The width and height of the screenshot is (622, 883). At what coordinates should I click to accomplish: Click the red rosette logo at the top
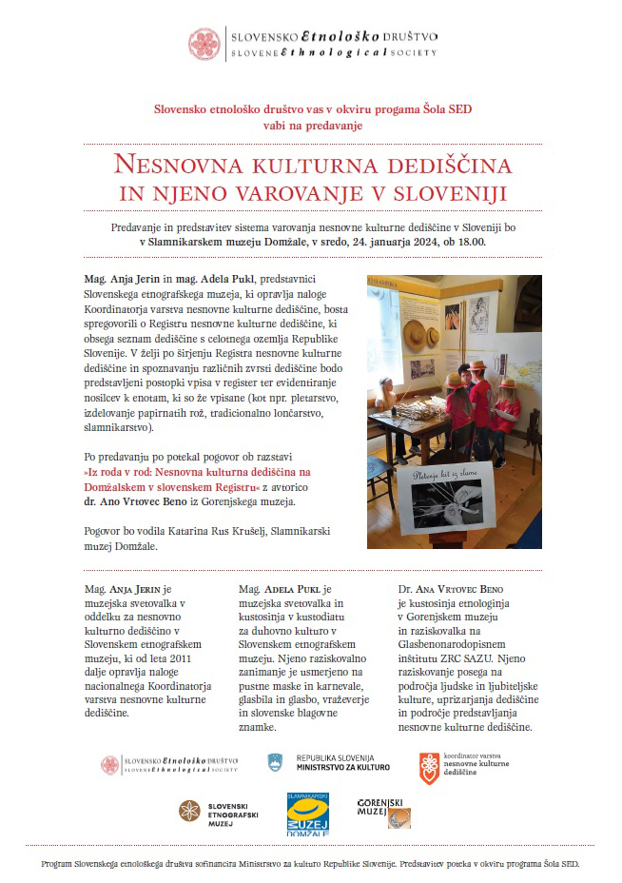click(x=204, y=43)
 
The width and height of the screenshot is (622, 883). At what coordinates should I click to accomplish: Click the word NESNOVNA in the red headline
click(x=180, y=164)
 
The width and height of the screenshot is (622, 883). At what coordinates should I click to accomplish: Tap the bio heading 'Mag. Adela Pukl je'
click(x=284, y=590)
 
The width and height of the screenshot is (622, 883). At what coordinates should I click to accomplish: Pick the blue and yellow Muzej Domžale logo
click(x=308, y=814)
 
